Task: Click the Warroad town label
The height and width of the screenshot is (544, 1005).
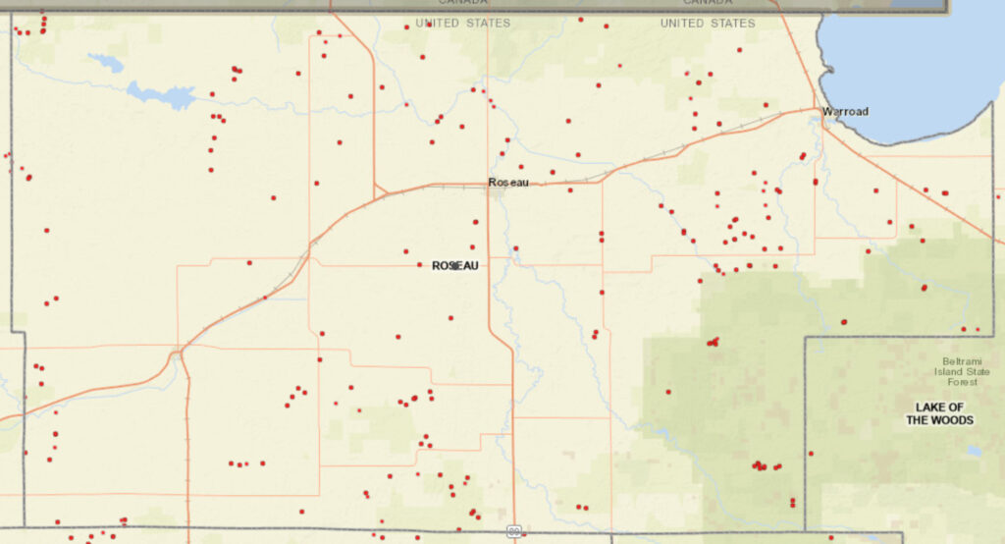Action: (845, 111)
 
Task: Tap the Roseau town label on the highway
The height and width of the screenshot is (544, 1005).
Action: (508, 182)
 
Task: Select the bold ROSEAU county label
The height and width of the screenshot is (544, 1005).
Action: (454, 265)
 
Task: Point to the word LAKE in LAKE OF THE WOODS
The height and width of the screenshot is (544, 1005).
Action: (928, 407)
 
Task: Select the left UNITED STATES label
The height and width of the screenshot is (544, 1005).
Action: (462, 23)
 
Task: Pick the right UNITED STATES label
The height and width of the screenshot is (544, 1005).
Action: (708, 23)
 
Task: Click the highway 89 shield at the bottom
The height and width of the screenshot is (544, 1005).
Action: (514, 531)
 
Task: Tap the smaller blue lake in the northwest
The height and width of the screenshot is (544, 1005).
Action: (106, 63)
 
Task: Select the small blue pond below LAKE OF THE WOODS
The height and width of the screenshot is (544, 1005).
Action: (972, 451)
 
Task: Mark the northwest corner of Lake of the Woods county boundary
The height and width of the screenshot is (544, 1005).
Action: (806, 338)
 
